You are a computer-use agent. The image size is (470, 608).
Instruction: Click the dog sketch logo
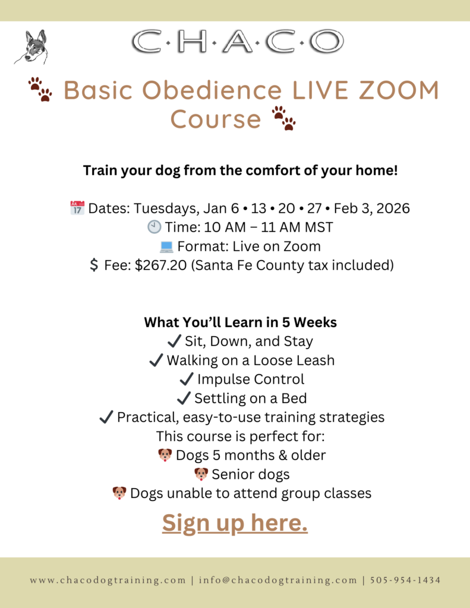click(x=31, y=47)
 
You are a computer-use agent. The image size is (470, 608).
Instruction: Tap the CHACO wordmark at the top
click(x=238, y=42)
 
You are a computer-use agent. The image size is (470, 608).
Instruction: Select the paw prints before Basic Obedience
click(x=40, y=89)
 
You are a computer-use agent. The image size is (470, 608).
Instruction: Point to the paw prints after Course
click(x=283, y=118)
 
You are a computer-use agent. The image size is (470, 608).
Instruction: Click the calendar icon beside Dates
click(x=77, y=208)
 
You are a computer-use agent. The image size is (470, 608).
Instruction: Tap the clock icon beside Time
click(x=154, y=227)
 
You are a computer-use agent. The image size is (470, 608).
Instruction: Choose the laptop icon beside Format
click(x=166, y=246)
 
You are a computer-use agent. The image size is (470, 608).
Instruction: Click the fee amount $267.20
click(x=160, y=265)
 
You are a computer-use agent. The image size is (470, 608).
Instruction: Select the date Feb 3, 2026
click(x=372, y=208)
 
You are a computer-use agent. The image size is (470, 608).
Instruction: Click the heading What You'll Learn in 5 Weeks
click(x=240, y=322)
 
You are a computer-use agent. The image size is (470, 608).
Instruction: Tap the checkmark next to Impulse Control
click(x=187, y=379)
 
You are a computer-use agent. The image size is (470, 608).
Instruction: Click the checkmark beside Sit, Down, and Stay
click(x=174, y=341)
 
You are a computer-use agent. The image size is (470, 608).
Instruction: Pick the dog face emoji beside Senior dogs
click(x=201, y=474)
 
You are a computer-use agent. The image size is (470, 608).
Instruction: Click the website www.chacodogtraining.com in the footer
click(x=108, y=580)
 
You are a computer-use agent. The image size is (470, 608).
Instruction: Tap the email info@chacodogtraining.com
click(x=278, y=580)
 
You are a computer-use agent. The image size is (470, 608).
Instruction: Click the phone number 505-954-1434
click(x=405, y=580)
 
